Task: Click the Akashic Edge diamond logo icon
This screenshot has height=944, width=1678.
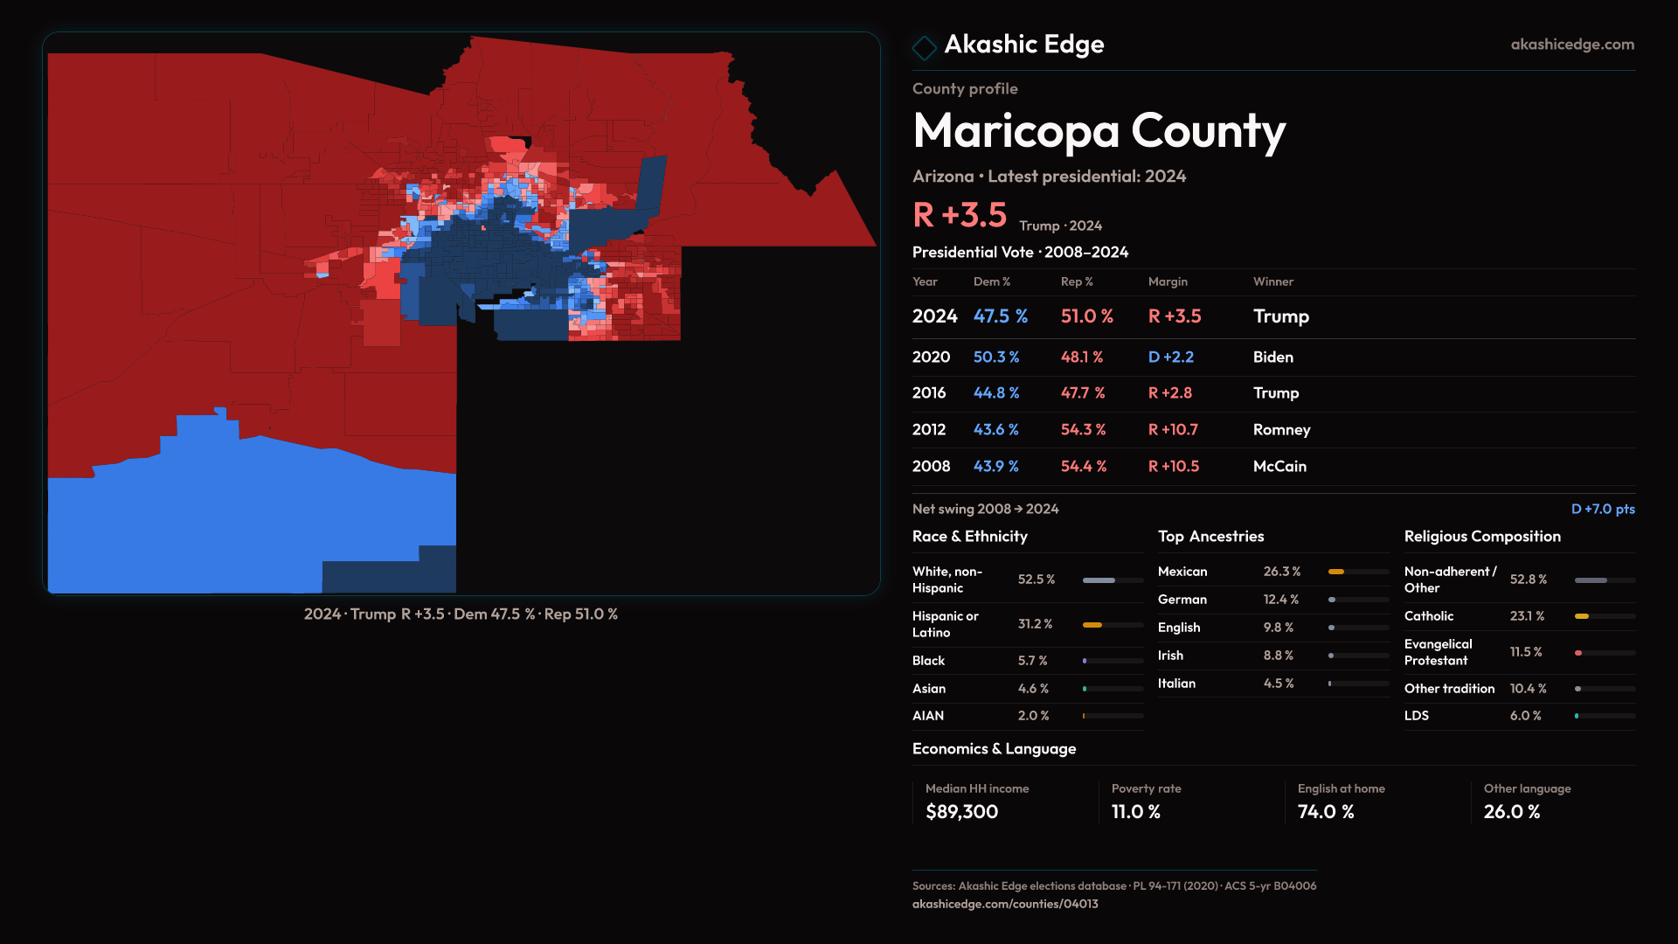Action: tap(924, 47)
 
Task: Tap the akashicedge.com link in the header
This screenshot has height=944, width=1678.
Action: tap(1571, 45)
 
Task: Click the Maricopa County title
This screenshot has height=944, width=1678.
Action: tap(1099, 131)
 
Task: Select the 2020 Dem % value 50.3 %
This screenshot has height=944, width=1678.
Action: tap(996, 357)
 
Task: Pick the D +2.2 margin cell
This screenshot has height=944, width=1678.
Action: tap(1170, 357)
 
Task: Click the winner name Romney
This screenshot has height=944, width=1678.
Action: tap(1281, 430)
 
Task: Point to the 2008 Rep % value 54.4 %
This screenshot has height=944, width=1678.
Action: tap(1083, 467)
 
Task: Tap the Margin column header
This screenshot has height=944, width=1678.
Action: tap(1168, 281)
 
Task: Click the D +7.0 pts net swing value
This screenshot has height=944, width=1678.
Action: tap(1602, 509)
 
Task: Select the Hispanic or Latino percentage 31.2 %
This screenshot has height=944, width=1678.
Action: tap(1035, 624)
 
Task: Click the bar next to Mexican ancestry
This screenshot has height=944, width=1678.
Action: tap(1357, 572)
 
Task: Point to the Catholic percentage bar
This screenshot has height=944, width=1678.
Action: tap(1604, 616)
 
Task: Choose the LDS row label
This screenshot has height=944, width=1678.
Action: tap(1417, 716)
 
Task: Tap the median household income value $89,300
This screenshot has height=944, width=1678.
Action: tap(961, 812)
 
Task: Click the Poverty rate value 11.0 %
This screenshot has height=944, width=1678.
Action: tap(1135, 812)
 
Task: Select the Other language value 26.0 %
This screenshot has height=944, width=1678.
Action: tap(1511, 812)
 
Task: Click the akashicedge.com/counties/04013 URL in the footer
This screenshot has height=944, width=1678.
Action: tap(1005, 904)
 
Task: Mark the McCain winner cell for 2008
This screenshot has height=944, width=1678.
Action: tap(1279, 467)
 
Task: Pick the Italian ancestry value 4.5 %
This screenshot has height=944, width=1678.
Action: tap(1278, 684)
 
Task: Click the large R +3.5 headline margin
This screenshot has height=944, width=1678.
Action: tap(960, 215)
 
